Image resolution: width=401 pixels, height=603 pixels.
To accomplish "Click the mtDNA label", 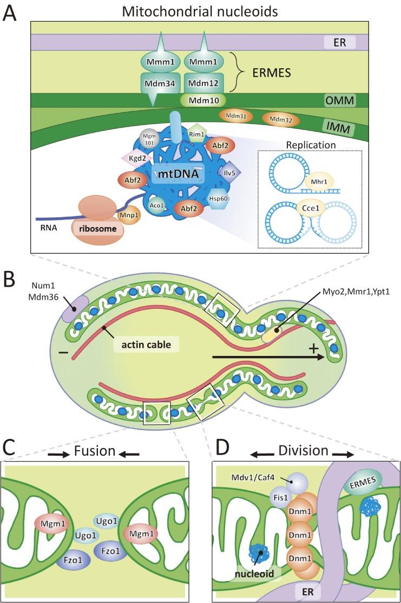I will click(x=172, y=176).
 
